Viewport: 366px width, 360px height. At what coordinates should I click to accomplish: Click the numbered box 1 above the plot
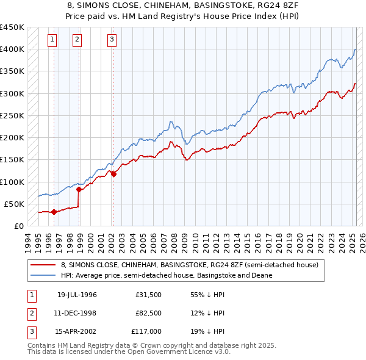click(x=52, y=40)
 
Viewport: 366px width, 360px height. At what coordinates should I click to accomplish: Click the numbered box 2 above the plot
click(x=77, y=40)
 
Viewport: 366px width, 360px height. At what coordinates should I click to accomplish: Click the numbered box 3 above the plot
click(x=112, y=40)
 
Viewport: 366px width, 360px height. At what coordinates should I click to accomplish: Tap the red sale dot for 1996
click(x=54, y=212)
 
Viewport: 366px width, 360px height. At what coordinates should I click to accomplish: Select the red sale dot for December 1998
click(x=79, y=190)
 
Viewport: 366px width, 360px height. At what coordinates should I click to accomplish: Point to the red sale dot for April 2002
click(x=113, y=175)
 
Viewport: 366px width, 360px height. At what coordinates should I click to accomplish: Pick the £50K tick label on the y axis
click(x=15, y=204)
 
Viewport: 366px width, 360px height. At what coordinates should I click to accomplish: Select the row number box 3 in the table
click(x=30, y=332)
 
